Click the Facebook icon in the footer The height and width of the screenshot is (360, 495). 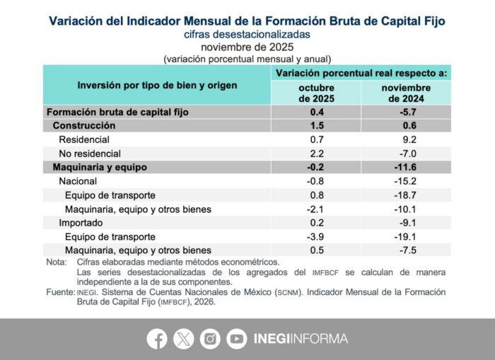[157, 339]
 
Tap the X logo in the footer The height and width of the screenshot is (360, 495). [183, 339]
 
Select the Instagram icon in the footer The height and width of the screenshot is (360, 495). [210, 339]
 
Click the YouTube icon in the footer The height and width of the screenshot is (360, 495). [237, 339]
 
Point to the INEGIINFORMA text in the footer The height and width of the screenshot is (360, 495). [301, 339]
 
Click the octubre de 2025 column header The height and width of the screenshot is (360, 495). [316, 93]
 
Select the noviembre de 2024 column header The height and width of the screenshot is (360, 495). [406, 93]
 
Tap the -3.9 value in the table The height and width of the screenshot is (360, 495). [316, 236]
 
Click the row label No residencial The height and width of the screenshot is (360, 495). [90, 153]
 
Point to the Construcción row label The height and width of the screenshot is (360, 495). [84, 125]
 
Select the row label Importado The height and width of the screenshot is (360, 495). [81, 223]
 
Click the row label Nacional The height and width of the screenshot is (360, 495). [78, 181]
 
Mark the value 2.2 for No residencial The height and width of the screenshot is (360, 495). [316, 153]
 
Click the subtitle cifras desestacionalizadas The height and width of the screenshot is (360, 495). [247, 33]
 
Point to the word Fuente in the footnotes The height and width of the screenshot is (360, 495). [60, 291]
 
